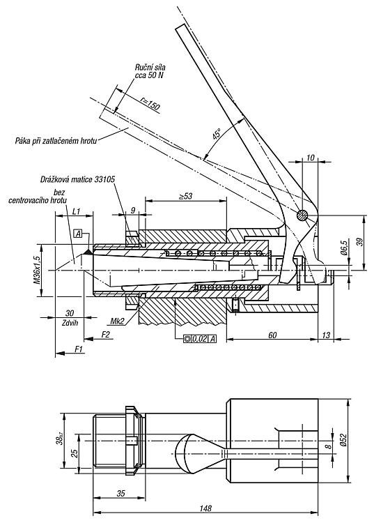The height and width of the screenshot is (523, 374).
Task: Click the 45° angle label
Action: click(217, 133)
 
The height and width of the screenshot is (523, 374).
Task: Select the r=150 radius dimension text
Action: click(150, 104)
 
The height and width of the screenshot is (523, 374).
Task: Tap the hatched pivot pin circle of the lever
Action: click(303, 215)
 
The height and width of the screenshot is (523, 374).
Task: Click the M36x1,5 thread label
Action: click(37, 270)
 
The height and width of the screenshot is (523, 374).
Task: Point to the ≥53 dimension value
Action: click(186, 196)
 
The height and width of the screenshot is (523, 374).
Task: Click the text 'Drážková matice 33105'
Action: click(77, 179)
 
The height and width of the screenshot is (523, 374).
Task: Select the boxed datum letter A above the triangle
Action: click(78, 234)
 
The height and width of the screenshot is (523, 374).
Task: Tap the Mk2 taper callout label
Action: click(117, 321)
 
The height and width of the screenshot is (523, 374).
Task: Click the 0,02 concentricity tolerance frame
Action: click(200, 339)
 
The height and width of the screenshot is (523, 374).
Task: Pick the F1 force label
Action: click(79, 349)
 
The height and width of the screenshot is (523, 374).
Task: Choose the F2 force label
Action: click(105, 335)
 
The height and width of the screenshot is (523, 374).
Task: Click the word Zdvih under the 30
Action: click(70, 323)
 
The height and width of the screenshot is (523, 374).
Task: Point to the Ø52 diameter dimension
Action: click(344, 441)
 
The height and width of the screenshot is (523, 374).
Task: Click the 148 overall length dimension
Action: click(205, 508)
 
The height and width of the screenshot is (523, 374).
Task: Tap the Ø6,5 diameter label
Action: click(344, 247)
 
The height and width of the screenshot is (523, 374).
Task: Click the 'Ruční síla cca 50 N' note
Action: click(150, 71)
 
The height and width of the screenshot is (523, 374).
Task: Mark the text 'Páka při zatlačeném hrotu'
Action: click(56, 141)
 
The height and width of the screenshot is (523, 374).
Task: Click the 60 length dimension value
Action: click(272, 335)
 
